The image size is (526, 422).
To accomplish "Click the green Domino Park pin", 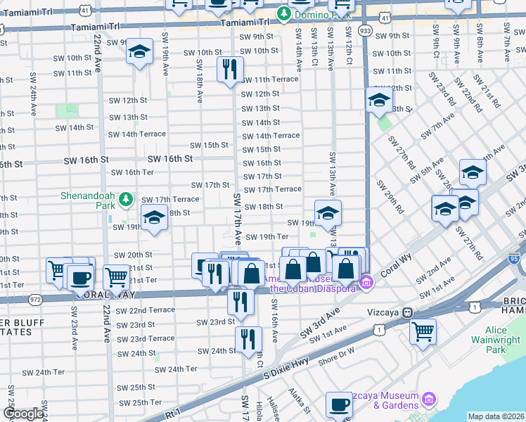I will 283,13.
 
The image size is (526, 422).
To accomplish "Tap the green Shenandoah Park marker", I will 126,200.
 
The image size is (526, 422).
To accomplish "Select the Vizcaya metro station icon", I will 407,312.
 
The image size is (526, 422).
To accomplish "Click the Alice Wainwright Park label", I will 504,340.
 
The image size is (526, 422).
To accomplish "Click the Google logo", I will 23,414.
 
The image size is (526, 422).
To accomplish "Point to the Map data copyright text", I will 495,416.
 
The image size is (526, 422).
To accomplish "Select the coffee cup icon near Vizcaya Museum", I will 340,404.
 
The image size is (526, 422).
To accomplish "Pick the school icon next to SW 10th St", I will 140,52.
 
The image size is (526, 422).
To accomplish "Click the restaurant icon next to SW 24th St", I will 248,340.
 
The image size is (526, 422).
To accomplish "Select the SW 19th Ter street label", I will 267,236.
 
